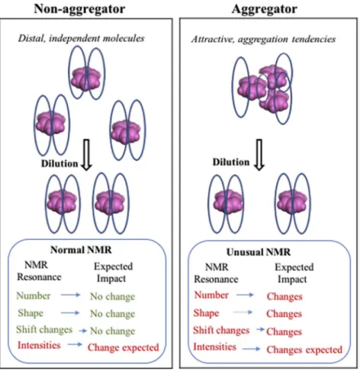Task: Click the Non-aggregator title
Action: (79, 9)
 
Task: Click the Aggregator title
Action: (265, 9)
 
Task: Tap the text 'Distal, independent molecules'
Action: (81, 38)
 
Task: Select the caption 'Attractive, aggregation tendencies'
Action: (263, 39)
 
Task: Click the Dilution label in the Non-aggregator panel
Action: (59, 163)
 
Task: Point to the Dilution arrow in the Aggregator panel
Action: (259, 154)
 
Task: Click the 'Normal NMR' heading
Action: (81, 250)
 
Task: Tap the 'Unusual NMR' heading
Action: (259, 252)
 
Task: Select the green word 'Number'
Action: (34, 295)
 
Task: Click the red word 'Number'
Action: (211, 295)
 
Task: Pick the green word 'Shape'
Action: (31, 313)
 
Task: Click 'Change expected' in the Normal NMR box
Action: (124, 347)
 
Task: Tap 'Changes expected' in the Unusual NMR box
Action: (304, 350)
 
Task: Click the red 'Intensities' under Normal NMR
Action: (39, 345)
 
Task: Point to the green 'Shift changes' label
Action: (44, 330)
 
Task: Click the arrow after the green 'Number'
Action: (70, 295)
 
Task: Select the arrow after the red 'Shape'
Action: (243, 312)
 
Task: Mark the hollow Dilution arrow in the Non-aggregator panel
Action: (86, 154)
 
